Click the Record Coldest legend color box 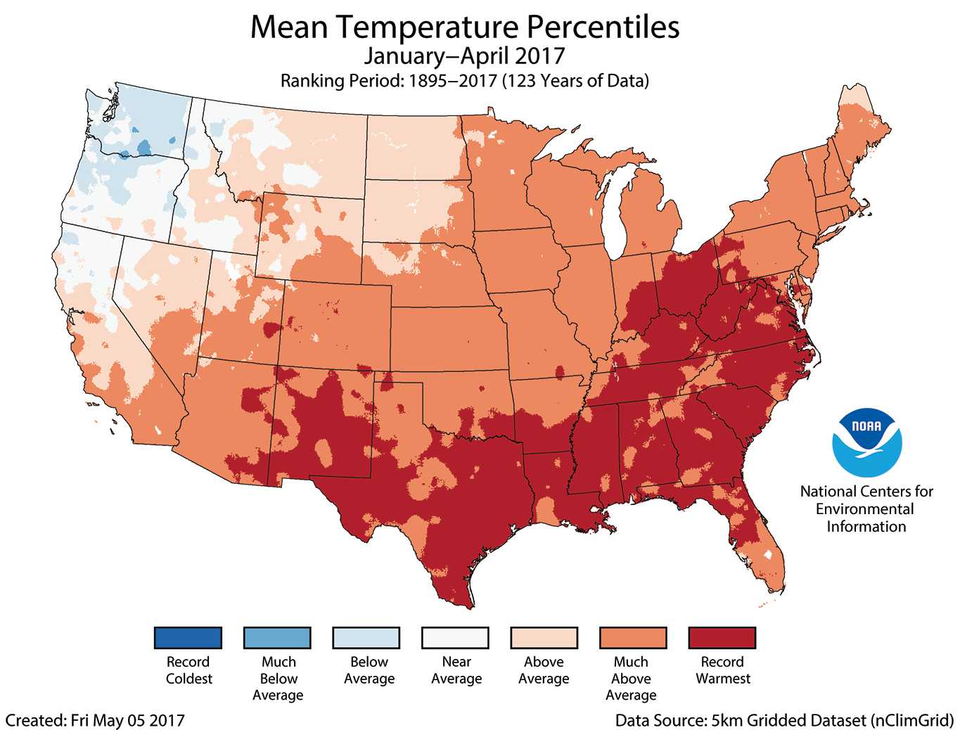[188, 638]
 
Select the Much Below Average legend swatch [277, 638]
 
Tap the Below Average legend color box [366, 638]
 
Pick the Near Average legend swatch [455, 638]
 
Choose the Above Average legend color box [544, 638]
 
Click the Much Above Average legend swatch [633, 638]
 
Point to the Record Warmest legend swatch [722, 638]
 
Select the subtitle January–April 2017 [464, 56]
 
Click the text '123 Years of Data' [575, 81]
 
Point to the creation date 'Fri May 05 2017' [127, 720]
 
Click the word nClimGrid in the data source [911, 720]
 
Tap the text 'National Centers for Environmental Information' [866, 509]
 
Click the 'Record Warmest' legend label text [722, 670]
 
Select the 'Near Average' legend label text [456, 670]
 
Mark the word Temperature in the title [428, 27]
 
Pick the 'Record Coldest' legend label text [188, 670]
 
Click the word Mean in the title [288, 27]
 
